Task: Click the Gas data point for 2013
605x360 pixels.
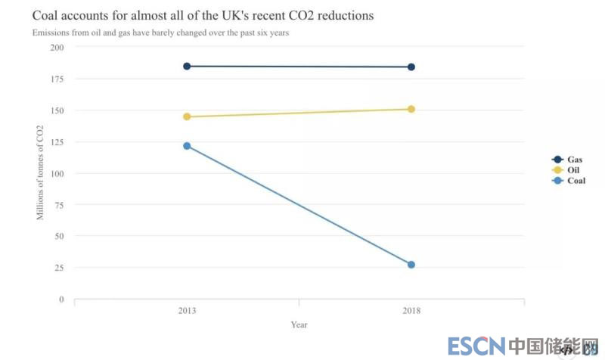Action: [x=187, y=67]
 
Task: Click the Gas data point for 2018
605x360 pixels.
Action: [x=411, y=67]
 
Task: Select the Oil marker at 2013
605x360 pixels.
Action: [x=187, y=116]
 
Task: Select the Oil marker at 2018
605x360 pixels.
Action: [x=411, y=109]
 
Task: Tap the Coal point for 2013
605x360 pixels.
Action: [x=187, y=146]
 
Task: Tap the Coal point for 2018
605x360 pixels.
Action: [x=411, y=265]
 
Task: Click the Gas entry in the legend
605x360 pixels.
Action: [x=569, y=160]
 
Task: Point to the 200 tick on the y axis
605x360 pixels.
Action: [x=57, y=48]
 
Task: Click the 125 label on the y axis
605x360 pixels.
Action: [x=57, y=142]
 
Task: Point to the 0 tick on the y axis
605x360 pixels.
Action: [x=62, y=299]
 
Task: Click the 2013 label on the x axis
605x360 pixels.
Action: [x=188, y=311]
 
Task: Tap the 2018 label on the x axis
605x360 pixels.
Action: [x=411, y=311]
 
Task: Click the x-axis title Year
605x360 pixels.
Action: [x=299, y=325]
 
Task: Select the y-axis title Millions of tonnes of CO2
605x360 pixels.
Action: [x=41, y=173]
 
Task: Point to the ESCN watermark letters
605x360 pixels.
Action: [x=476, y=346]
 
